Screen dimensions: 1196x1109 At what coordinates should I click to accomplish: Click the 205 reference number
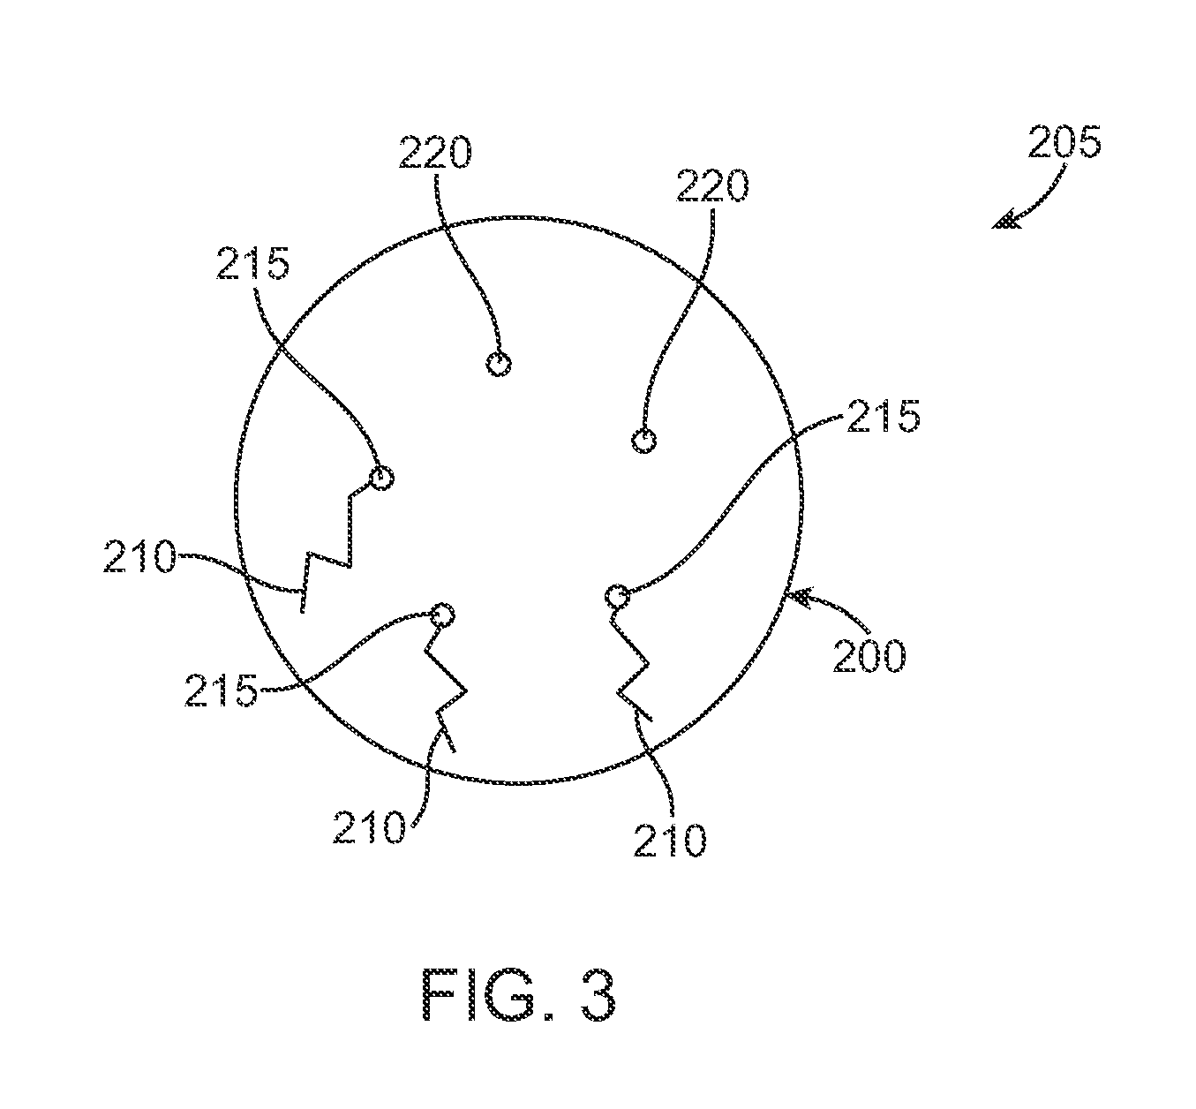click(x=1064, y=142)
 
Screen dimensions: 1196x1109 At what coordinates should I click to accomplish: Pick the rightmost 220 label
click(x=712, y=186)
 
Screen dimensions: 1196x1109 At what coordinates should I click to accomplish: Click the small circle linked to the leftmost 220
click(x=499, y=363)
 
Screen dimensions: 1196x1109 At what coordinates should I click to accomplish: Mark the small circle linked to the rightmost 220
click(x=645, y=440)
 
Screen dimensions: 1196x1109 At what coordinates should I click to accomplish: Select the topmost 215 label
click(x=252, y=262)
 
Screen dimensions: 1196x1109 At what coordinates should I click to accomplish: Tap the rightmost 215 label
click(x=883, y=416)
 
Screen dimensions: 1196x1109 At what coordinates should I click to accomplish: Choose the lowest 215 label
click(x=221, y=690)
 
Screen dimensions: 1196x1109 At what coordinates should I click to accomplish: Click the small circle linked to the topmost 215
click(x=380, y=479)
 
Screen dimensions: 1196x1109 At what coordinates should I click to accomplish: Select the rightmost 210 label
click(x=670, y=841)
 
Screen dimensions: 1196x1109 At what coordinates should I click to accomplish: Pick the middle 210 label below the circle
click(x=369, y=828)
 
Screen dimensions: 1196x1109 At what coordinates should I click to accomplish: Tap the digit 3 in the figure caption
click(x=592, y=995)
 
